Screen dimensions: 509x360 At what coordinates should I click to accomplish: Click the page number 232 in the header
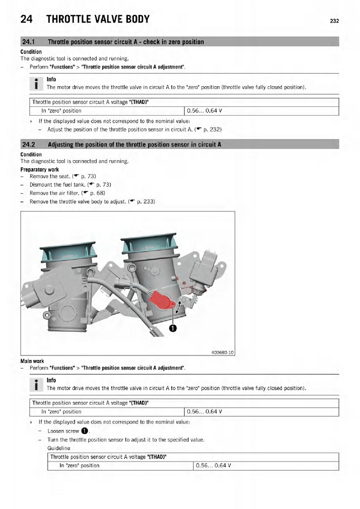pos(334,21)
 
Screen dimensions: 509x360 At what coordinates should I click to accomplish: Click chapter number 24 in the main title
pos(27,20)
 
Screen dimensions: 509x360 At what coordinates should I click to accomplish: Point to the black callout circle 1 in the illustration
pos(173,328)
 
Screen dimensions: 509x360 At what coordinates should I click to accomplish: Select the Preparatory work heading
pos(40,170)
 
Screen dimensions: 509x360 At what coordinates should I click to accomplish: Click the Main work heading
pos(32,361)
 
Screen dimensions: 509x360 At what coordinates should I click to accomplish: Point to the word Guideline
pos(59,448)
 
